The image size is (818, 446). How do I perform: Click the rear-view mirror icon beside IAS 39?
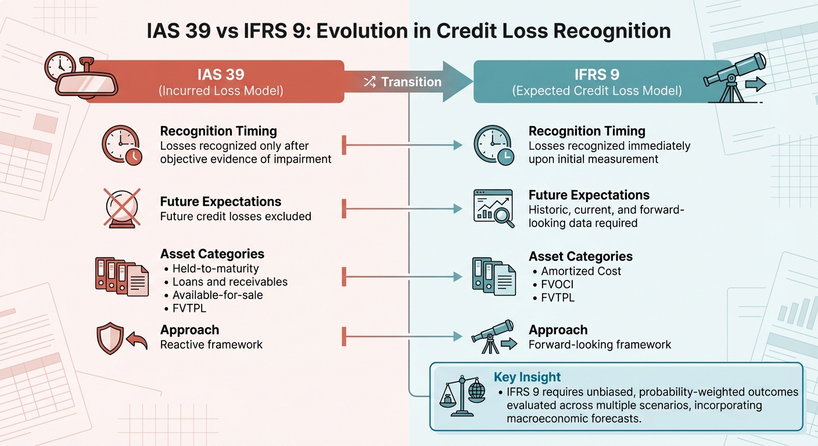click(x=81, y=78)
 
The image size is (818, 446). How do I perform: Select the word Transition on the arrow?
click(x=411, y=82)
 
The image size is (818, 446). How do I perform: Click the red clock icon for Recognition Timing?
click(x=121, y=145)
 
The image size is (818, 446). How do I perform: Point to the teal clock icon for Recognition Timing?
click(x=493, y=145)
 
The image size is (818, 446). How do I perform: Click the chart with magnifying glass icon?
click(x=494, y=207)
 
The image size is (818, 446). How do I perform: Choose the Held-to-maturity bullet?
click(x=216, y=269)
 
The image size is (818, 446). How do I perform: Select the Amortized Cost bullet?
click(x=581, y=271)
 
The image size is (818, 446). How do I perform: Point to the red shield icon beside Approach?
click(x=110, y=338)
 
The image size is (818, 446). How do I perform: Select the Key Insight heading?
click(x=527, y=377)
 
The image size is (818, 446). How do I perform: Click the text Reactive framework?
click(x=211, y=344)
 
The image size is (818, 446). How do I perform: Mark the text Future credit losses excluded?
click(x=236, y=217)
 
